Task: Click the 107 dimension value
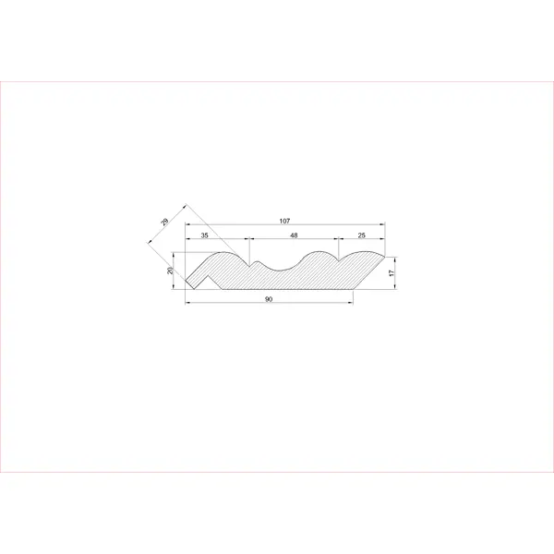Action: [284, 222]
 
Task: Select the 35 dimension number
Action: [205, 235]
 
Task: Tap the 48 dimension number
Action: [294, 235]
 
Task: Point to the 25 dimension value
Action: [361, 235]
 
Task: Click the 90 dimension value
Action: [269, 299]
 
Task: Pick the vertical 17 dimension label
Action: [391, 272]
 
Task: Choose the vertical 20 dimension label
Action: [170, 271]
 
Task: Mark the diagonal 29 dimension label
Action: [164, 222]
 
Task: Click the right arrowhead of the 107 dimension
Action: [382, 224]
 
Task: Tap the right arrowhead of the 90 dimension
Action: [351, 303]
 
